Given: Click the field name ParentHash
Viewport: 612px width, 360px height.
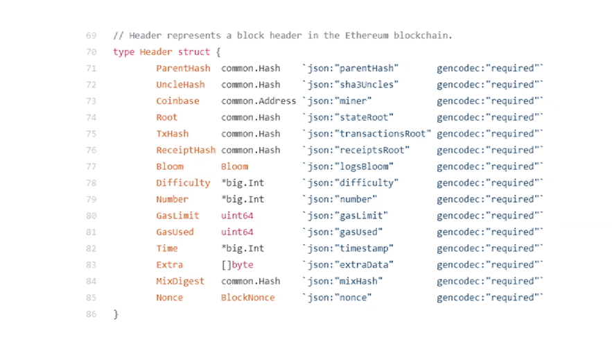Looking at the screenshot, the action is click(x=183, y=68).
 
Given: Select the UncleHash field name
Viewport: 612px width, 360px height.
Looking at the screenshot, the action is click(x=180, y=85).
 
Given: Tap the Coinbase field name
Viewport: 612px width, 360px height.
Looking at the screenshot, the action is click(x=177, y=101).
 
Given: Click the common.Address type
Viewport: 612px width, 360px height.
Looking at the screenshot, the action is click(x=259, y=101).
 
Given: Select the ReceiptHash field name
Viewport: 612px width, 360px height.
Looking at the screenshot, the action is click(x=186, y=150).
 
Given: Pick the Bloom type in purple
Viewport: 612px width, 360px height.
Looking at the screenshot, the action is click(x=234, y=166).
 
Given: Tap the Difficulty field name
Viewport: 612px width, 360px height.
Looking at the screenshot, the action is click(x=183, y=183).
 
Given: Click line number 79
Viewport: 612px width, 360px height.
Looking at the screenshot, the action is click(x=91, y=199).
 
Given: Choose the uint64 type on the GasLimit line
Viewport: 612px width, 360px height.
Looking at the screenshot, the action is click(x=237, y=216).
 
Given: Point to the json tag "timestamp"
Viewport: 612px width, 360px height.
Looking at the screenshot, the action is click(x=351, y=248).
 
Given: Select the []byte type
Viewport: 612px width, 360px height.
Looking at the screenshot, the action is click(x=237, y=265).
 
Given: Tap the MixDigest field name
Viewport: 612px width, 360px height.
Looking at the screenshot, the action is click(x=180, y=281).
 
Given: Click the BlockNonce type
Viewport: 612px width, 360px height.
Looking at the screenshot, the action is click(x=247, y=298).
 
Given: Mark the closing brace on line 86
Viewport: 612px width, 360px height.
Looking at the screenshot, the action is click(x=116, y=314).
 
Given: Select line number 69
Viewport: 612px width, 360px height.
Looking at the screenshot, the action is click(x=91, y=35).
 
